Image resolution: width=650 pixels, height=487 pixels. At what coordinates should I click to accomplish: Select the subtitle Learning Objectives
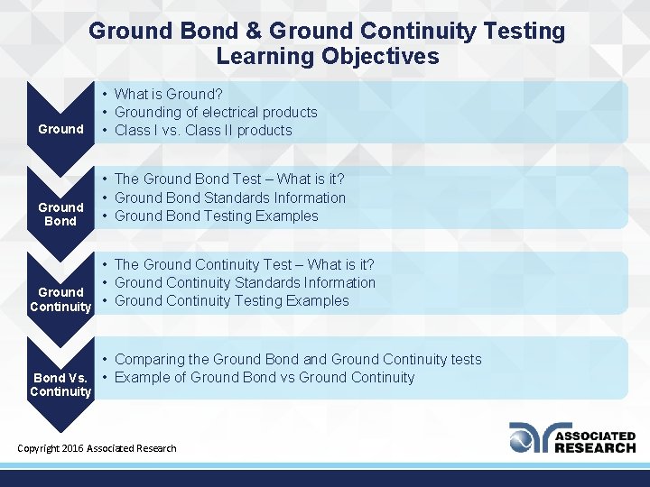327,57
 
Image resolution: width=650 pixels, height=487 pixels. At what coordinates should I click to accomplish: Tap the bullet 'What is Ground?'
169,94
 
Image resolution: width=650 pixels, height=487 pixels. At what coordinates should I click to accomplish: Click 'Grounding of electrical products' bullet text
216,112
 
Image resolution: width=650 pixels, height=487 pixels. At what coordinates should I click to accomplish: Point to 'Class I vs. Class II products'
203,130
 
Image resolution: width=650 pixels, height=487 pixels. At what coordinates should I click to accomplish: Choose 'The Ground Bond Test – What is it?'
229,179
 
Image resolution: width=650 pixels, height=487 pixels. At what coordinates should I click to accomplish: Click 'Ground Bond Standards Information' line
229,198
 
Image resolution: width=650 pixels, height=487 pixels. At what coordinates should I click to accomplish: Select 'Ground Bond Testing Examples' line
216,216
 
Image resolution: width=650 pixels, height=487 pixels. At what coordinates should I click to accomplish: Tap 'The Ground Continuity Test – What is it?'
244,264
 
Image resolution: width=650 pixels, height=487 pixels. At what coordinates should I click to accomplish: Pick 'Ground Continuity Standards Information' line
245,282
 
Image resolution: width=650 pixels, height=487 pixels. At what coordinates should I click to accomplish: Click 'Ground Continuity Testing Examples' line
231,300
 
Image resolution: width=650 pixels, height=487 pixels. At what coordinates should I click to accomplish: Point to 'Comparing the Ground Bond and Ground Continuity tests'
298,359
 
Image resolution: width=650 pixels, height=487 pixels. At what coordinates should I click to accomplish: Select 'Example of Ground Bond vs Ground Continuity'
265,377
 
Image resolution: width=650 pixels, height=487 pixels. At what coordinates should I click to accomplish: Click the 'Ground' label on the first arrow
60,129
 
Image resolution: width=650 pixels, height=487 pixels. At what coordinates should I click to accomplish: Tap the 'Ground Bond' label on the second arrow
60,214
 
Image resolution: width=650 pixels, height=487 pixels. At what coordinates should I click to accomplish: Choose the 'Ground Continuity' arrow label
60,299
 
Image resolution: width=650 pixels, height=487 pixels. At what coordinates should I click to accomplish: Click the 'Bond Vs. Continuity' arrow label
60,384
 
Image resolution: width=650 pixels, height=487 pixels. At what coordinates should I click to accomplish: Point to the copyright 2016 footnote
97,448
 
